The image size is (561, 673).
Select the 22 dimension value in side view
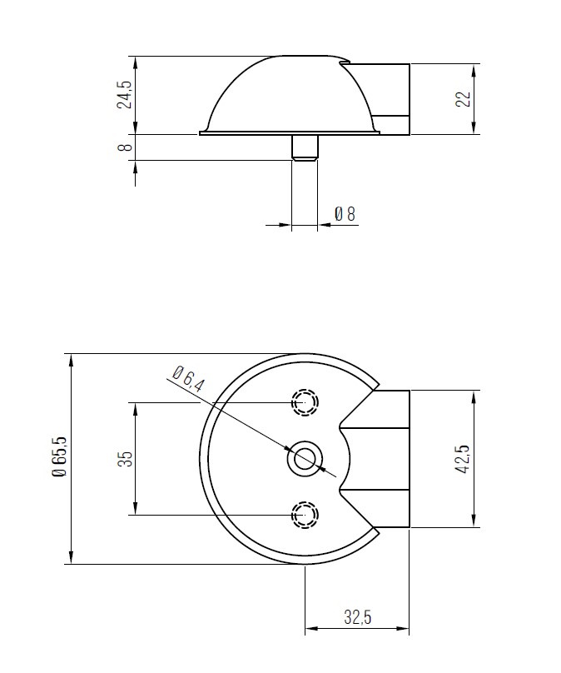464,98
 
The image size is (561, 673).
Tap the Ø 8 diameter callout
345,214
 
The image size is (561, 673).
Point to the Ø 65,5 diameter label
59,458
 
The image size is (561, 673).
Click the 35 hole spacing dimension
124,459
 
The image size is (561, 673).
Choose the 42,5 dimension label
463,459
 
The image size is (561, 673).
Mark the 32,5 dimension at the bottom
357,617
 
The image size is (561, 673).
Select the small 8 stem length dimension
124,147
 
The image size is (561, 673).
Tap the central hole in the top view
305,459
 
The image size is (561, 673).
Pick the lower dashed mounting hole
305,515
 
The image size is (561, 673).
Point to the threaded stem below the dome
305,147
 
